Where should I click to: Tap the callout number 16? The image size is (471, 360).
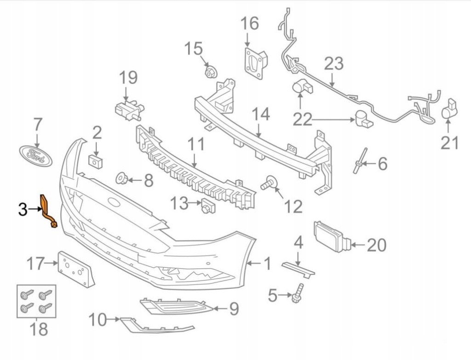pyautogui.click(x=250, y=23)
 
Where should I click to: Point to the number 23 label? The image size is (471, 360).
pyautogui.click(x=333, y=63)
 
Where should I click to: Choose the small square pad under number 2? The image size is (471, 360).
pyautogui.click(x=96, y=160)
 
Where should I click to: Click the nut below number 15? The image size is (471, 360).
pyautogui.click(x=211, y=71)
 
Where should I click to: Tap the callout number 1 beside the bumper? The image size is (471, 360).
pyautogui.click(x=267, y=264)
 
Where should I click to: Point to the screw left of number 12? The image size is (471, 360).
pyautogui.click(x=268, y=183)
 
